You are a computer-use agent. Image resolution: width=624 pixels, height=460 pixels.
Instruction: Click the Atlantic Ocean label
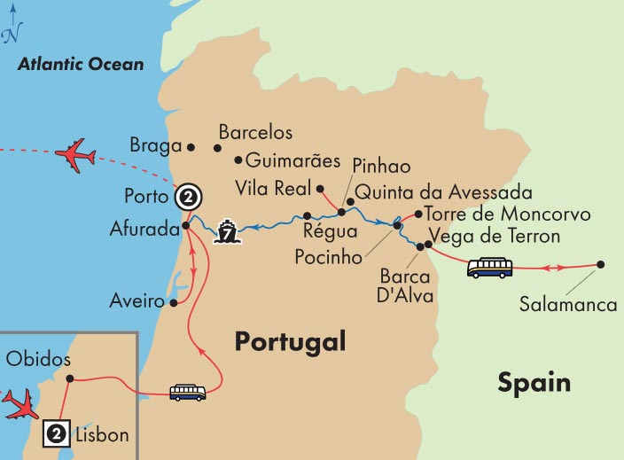tap(81, 65)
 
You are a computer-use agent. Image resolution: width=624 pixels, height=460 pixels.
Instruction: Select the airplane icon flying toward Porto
tap(74, 156)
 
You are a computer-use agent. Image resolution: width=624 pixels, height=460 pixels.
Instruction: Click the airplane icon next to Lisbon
tap(19, 403)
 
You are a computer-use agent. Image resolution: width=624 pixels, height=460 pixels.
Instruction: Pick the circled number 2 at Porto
tap(187, 197)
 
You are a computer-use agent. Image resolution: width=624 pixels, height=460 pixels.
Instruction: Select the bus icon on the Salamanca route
tap(489, 267)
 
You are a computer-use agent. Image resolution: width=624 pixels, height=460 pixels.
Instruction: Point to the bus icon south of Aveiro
tap(188, 392)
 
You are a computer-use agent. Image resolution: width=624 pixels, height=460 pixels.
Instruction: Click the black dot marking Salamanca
tap(601, 264)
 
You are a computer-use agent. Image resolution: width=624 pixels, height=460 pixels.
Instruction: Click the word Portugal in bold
tap(289, 342)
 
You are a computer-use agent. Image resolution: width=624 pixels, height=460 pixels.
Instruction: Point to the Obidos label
tap(37, 358)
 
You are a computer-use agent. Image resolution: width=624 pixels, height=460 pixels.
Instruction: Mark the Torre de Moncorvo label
tap(494, 214)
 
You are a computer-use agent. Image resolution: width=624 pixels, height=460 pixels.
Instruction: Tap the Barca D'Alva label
tap(408, 285)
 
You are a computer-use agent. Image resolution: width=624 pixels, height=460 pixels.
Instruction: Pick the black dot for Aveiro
tap(174, 302)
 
